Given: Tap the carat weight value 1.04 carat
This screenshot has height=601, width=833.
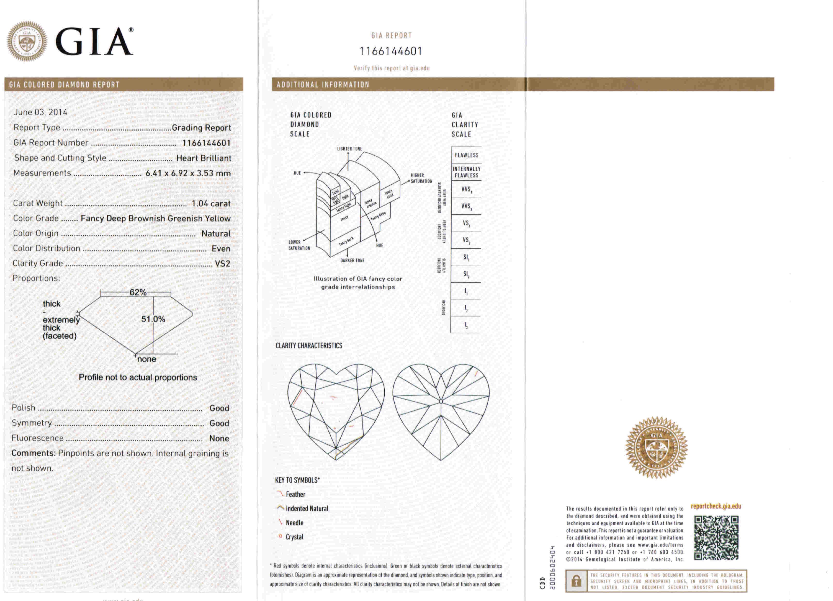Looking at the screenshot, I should click(211, 204).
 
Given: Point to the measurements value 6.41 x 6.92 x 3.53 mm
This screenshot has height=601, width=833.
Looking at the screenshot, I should click(188, 173).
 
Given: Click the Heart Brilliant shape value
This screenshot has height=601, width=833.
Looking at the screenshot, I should click(204, 158).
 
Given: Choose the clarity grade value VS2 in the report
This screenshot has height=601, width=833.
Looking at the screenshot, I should click(222, 264).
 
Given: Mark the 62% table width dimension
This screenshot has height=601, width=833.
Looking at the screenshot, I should click(138, 293).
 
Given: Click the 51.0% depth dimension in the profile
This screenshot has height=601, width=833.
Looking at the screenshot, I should click(153, 319).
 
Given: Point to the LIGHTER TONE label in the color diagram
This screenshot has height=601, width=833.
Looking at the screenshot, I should click(349, 149).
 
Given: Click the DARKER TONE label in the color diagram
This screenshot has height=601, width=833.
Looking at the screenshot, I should click(352, 261).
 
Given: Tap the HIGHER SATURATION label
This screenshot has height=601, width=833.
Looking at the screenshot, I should click(421, 178).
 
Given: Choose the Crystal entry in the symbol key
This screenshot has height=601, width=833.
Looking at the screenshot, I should click(294, 537).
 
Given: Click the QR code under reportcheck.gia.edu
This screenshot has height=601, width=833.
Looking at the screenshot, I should click(716, 538).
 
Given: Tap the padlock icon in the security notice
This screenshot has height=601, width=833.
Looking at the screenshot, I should click(576, 581).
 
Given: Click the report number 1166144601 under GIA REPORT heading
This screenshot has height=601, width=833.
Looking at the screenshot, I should click(391, 51).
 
